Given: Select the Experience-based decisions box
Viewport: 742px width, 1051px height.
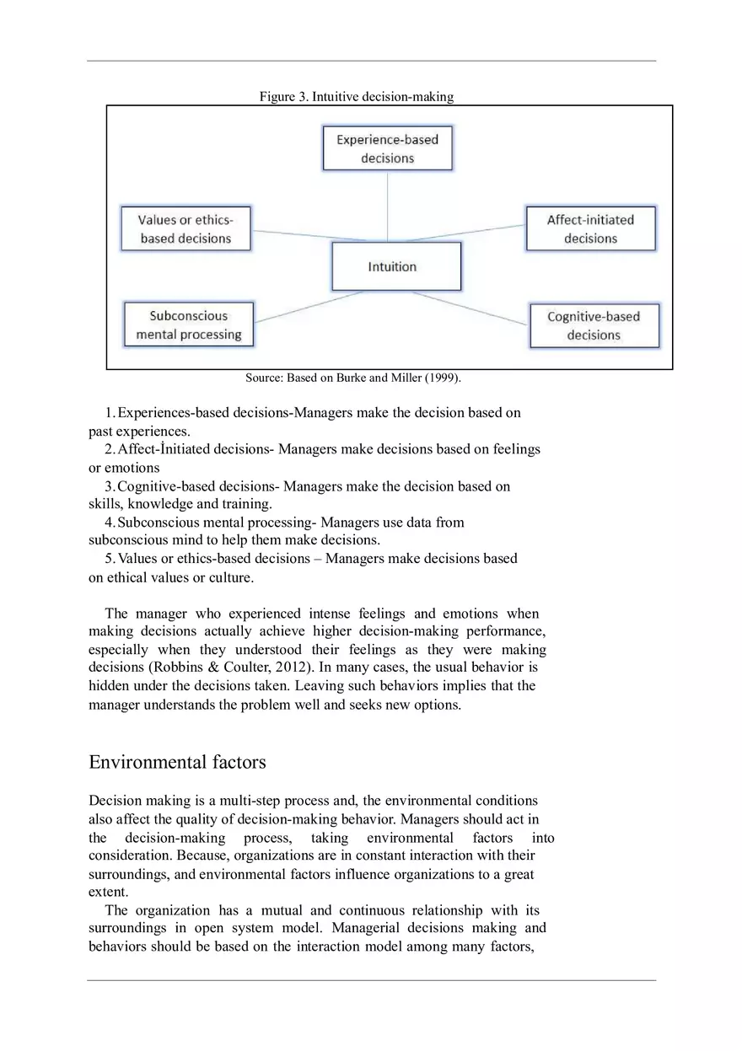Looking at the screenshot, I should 387,148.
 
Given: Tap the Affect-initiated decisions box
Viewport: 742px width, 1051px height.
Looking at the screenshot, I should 590,228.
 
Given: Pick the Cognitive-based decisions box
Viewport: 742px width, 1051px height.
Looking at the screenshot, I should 594,325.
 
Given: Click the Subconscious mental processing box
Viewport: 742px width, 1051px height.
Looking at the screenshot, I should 189,324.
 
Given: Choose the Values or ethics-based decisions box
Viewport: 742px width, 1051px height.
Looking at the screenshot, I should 186,228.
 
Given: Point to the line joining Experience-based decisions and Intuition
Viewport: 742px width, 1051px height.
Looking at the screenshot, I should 387,206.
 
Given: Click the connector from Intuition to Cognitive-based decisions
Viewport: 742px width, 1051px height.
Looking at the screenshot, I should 495,309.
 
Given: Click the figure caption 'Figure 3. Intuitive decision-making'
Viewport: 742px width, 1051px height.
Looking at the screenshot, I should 356,97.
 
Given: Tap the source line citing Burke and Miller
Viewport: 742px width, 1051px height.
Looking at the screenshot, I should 353,378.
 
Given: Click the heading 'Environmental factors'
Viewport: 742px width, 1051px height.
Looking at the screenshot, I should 177,762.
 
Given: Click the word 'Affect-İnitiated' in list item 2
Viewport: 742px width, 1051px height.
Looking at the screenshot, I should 164,449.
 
